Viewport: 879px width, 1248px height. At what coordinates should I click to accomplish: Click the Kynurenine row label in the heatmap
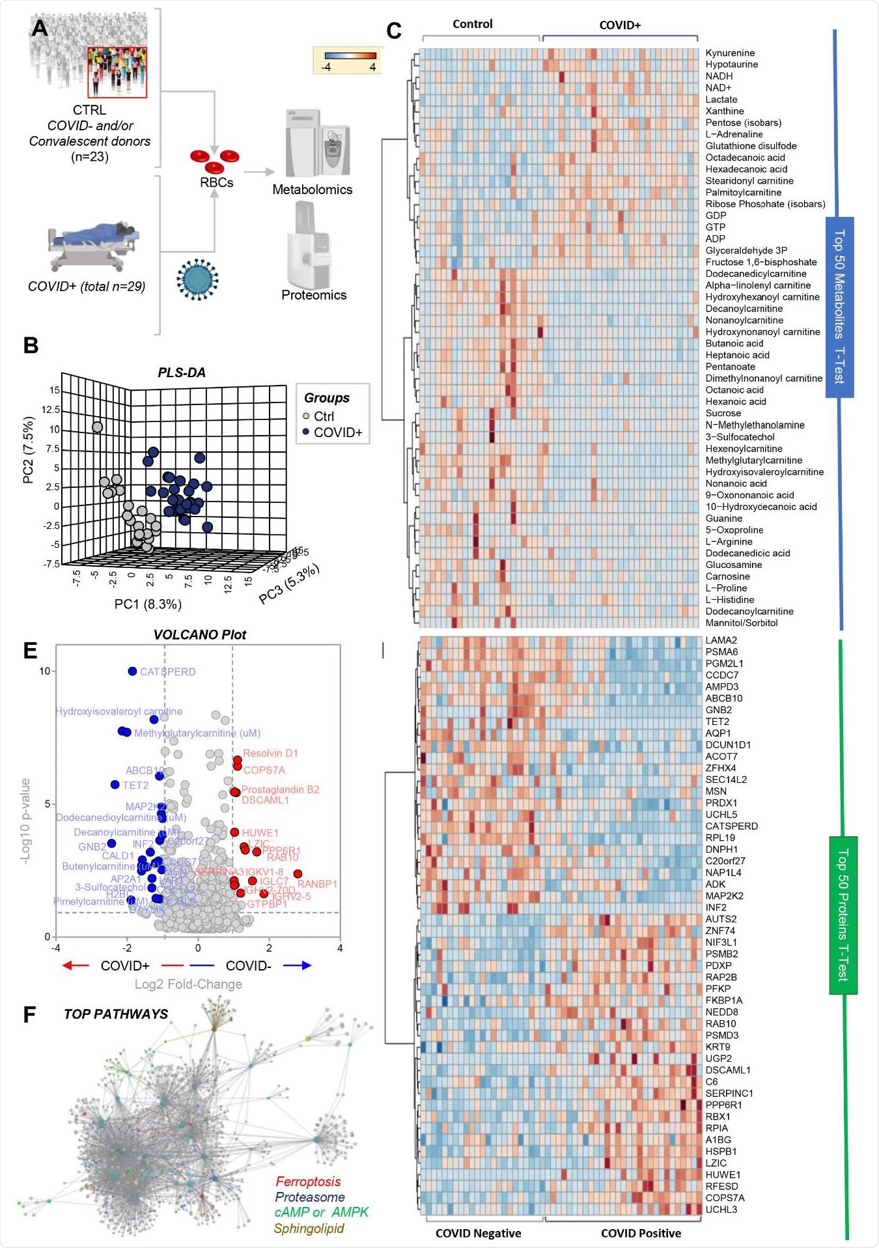pos(730,53)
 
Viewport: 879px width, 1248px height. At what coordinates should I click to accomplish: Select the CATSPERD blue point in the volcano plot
pos(133,671)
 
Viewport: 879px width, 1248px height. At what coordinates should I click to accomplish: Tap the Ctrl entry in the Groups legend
pos(323,416)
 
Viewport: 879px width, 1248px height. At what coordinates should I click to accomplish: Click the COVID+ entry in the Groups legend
pos(337,433)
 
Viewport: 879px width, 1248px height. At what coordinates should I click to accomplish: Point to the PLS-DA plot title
pos(182,373)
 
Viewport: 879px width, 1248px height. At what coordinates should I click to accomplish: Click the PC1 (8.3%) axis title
pos(148,604)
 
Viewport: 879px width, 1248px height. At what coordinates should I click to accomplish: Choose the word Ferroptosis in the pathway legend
pos(308,1182)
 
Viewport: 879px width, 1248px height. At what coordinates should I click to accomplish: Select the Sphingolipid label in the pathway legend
pos(309,1228)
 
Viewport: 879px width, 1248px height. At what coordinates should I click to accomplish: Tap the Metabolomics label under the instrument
pos(312,190)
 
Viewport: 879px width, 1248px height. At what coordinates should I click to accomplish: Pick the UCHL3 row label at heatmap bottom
pos(721,1210)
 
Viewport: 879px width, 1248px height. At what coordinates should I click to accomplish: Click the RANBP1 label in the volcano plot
pos(317,884)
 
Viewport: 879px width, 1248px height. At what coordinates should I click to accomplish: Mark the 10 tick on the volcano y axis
pos(44,671)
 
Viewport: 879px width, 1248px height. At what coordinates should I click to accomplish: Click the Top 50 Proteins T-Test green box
pos(843,915)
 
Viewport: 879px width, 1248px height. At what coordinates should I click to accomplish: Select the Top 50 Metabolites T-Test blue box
pos(839,307)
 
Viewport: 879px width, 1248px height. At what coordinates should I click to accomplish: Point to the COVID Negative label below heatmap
pos(478,1233)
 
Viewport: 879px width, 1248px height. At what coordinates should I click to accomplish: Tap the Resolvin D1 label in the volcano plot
pos(270,753)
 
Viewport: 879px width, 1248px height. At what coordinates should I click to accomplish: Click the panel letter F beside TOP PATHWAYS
pos(29,1014)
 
